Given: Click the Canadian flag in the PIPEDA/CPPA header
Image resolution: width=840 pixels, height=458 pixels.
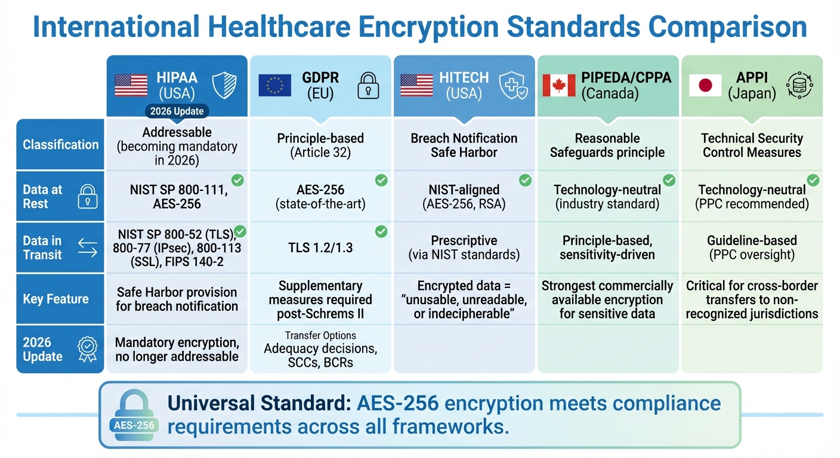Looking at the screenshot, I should point(559,86).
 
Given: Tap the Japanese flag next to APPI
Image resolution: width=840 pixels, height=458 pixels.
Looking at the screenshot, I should point(705,86).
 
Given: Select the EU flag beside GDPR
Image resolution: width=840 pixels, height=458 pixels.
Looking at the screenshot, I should point(274,86).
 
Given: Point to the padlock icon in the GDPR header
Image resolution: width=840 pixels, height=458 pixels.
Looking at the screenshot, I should point(368,86).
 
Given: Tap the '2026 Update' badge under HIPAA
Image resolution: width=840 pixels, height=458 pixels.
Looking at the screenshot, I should point(177,111).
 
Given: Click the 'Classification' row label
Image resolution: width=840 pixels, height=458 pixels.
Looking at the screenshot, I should point(60,144).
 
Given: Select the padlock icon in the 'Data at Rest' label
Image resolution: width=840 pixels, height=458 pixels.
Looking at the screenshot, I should point(87,197).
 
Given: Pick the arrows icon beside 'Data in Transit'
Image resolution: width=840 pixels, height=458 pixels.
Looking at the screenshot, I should point(87,247).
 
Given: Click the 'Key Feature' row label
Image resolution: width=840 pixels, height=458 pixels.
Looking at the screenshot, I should point(55,299).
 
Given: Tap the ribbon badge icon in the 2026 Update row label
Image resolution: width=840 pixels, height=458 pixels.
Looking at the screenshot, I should point(87,349).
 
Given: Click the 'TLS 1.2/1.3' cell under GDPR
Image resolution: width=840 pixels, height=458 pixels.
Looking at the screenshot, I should point(320,247).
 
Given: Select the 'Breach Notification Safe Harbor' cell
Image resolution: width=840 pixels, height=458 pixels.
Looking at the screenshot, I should point(464,145).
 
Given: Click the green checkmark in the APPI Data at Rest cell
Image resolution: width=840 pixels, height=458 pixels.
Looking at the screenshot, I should point(813,180).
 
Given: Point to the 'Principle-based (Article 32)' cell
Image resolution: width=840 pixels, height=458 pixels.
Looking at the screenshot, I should point(320,145).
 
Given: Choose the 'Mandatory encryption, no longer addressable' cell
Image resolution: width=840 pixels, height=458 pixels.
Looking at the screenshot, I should point(177,350).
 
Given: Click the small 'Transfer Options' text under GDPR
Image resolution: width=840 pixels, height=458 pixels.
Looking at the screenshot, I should point(320,336).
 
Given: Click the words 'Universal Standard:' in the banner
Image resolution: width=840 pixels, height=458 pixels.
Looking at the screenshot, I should point(259,403).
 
